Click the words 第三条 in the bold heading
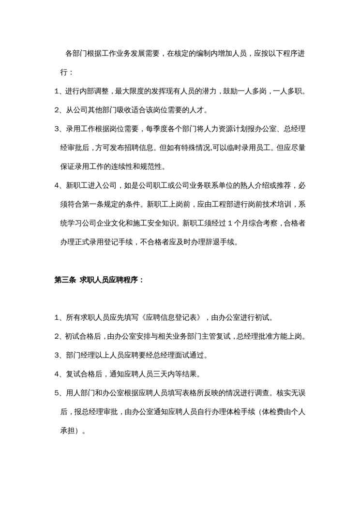64,280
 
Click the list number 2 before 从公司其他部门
57,110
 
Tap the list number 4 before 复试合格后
57,374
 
